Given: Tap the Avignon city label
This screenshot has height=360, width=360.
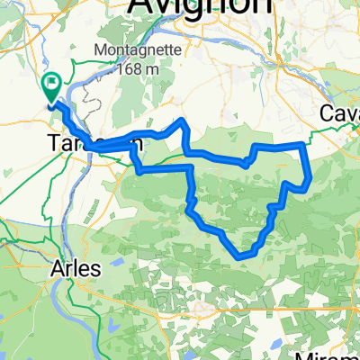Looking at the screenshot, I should coord(200,7).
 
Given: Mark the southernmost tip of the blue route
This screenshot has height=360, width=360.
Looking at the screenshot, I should coord(241,256).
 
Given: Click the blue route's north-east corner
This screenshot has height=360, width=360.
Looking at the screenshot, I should coord(300,144).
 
